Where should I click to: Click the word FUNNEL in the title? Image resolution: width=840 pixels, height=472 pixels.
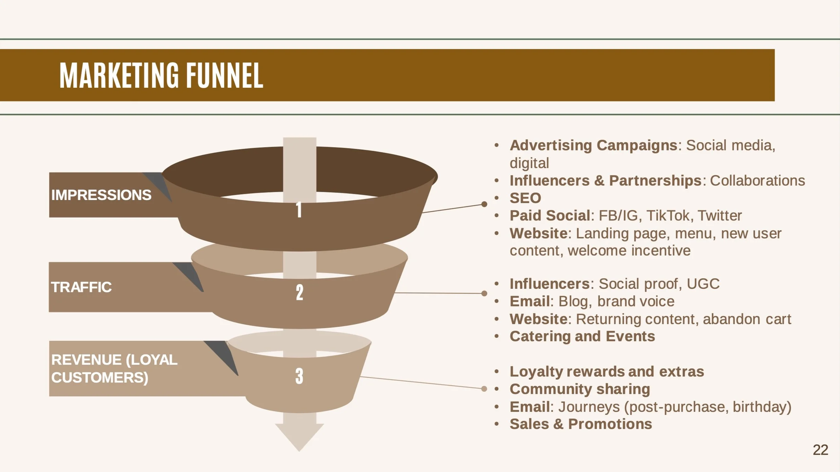tap(225, 75)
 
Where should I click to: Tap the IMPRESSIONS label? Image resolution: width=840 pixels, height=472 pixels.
tap(101, 195)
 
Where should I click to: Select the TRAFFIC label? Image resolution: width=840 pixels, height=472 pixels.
tap(81, 287)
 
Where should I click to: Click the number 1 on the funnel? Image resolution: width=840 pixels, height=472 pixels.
tap(299, 210)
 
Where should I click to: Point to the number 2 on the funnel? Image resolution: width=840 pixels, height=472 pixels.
tap(300, 293)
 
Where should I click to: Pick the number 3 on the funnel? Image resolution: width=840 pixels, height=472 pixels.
tap(299, 376)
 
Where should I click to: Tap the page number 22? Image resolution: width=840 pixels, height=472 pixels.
tap(820, 450)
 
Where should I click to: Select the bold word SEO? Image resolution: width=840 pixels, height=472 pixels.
tap(525, 198)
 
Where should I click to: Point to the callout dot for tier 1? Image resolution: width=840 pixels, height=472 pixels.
tap(484, 204)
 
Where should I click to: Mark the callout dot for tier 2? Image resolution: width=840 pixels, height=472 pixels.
tap(484, 293)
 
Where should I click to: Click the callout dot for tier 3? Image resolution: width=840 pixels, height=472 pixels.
tap(484, 389)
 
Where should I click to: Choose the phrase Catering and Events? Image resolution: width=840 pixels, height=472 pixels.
tap(582, 336)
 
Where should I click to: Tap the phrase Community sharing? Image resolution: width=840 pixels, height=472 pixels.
tap(580, 389)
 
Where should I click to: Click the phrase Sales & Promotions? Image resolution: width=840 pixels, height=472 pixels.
tap(581, 424)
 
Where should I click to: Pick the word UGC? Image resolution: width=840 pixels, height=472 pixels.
tap(703, 284)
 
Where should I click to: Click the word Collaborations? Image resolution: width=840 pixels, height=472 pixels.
tap(757, 181)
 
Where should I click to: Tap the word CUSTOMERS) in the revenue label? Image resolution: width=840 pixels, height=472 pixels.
tap(100, 378)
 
